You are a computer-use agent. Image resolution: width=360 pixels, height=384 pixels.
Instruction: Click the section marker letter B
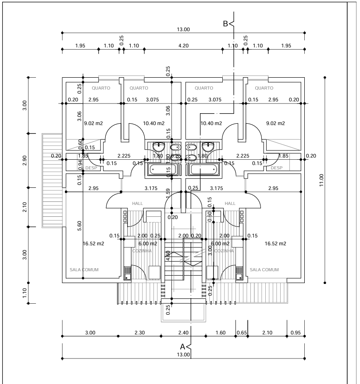[x=226, y=24]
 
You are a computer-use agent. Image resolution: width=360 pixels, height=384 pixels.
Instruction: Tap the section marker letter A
[x=183, y=346]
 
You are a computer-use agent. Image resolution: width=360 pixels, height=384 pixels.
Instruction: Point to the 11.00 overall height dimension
[x=321, y=180]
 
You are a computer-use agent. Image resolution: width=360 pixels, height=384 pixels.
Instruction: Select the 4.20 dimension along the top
[x=183, y=46]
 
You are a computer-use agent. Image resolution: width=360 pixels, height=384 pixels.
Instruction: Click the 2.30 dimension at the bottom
[x=139, y=333]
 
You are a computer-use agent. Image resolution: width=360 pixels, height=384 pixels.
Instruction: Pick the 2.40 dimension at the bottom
[x=183, y=333]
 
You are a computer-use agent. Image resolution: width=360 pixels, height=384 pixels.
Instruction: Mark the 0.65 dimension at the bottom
[x=241, y=333]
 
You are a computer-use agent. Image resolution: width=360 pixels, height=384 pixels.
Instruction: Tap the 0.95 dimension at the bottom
[x=296, y=333]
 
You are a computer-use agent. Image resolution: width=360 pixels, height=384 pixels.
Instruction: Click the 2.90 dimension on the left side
[x=25, y=160]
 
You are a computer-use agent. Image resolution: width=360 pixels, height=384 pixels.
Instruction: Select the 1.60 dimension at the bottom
[x=220, y=333]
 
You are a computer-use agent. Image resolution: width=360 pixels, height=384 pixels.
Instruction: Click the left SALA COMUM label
[x=84, y=269]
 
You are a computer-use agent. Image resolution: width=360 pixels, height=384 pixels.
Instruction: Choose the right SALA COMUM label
[x=264, y=269]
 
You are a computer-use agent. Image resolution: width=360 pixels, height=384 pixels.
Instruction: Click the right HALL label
[x=230, y=203]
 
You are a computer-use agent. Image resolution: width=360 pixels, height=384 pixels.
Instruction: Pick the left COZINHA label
[x=142, y=251]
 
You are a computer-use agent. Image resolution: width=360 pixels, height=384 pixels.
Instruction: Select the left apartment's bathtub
[x=163, y=169]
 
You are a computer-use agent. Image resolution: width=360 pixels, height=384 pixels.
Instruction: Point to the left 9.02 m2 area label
[x=93, y=123]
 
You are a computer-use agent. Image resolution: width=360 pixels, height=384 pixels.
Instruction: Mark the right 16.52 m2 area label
[x=276, y=243]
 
